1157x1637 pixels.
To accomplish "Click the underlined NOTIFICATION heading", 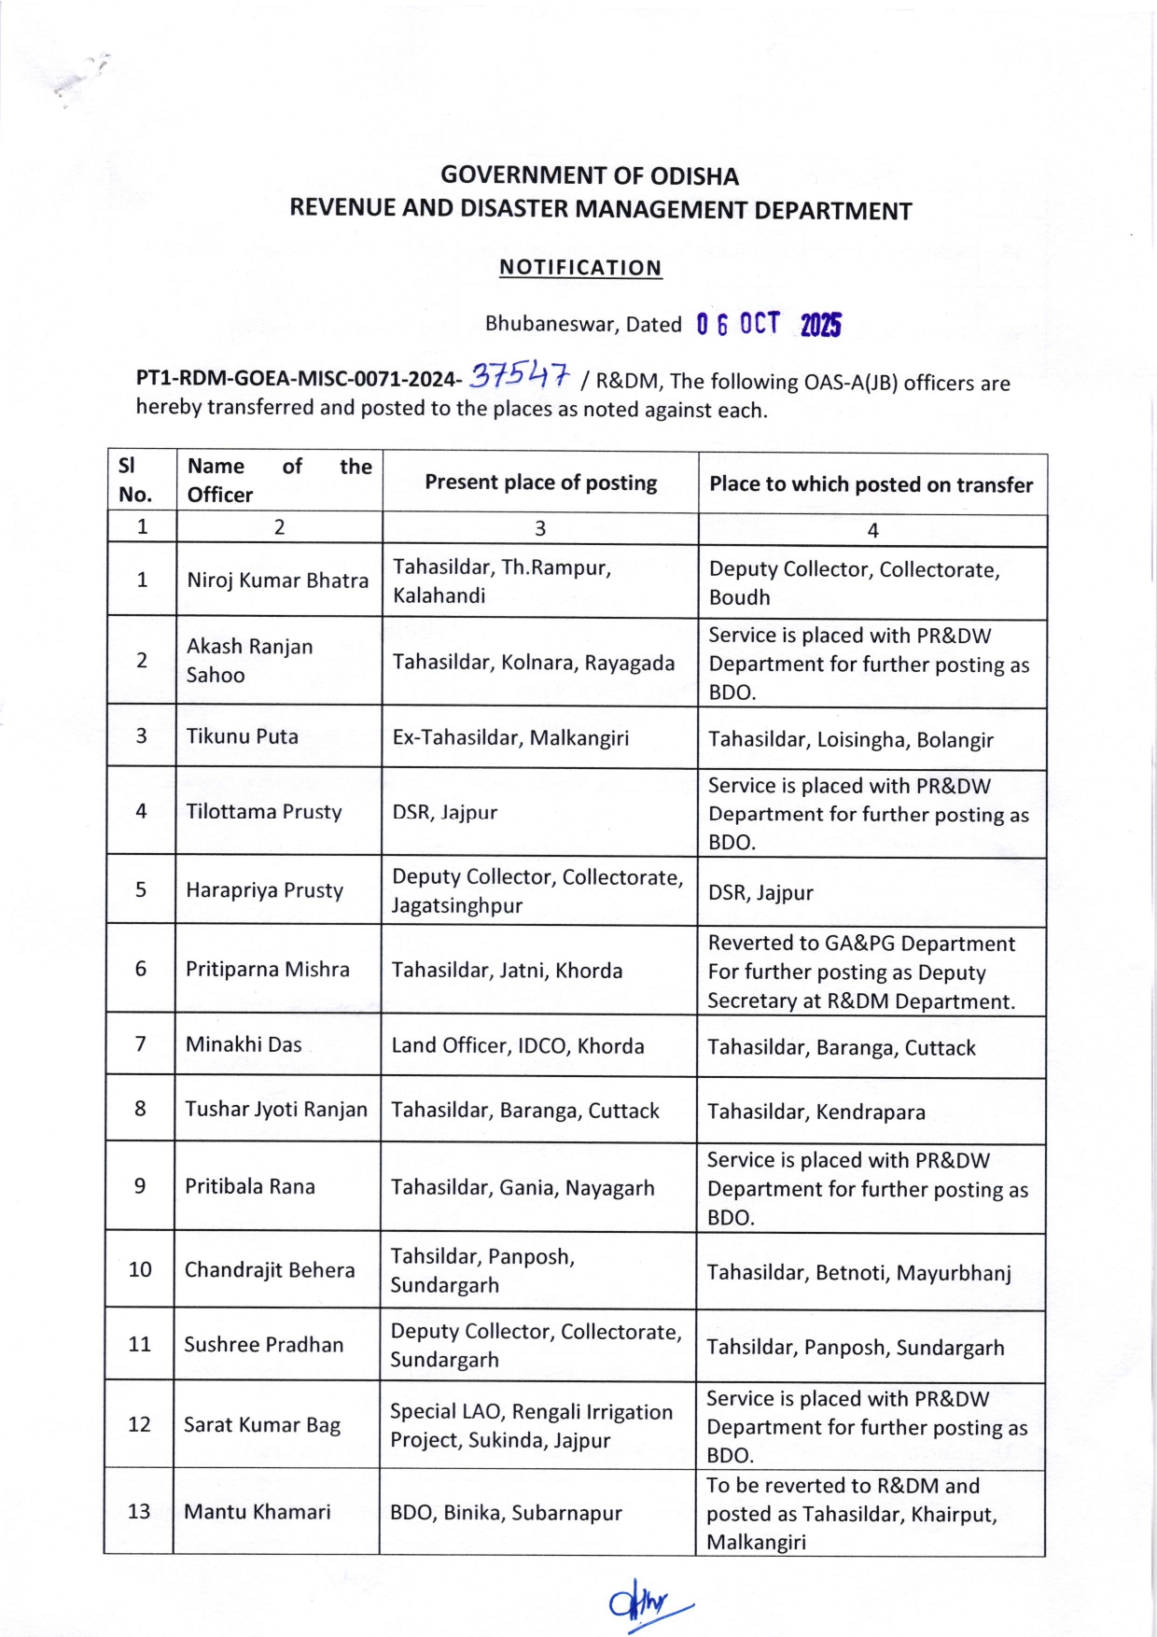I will coord(580,268).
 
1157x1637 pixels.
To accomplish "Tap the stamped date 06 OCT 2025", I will coord(768,325).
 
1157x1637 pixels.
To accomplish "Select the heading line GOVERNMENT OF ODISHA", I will coord(590,175).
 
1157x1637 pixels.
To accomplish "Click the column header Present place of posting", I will coord(540,483).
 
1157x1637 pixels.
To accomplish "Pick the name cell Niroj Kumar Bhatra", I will coord(278,581).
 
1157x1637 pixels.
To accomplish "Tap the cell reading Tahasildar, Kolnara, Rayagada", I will coord(533,663).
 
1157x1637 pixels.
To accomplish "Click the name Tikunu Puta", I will coord(243,736).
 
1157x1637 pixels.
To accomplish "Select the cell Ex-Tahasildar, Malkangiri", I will coord(510,738).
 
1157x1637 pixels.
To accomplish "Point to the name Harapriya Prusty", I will coord(264,890).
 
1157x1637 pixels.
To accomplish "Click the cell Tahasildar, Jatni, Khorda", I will coord(507,971).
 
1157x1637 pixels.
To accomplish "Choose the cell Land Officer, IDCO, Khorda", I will coord(518,1046).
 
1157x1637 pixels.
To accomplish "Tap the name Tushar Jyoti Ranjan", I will coord(276,1110).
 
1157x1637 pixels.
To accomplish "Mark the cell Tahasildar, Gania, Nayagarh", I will coord(523,1188).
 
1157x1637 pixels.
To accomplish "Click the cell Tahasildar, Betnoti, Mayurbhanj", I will coord(858,1273).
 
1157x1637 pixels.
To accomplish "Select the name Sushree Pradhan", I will coord(264,1345).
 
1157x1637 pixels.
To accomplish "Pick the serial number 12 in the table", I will coord(139,1425).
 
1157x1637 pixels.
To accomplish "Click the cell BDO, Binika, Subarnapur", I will coord(506,1513).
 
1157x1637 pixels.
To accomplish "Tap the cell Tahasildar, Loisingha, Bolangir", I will coord(850,740).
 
